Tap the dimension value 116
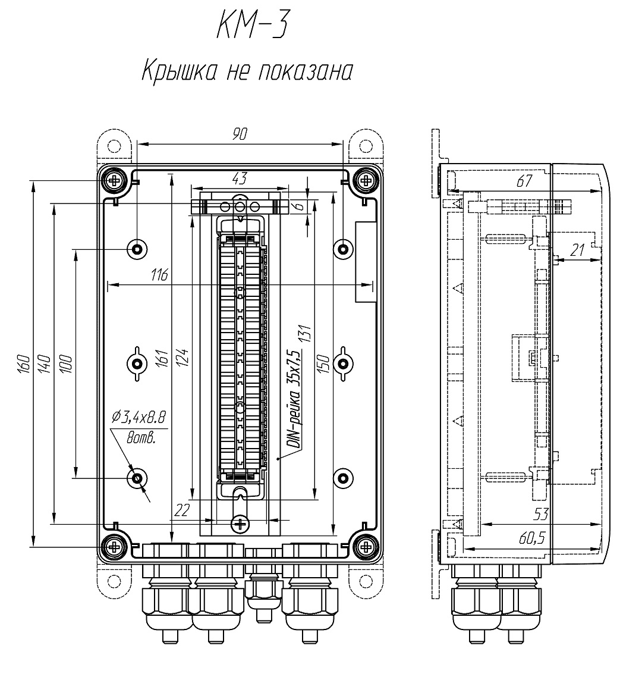[x=159, y=275]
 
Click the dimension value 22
[x=182, y=510]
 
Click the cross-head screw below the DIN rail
[x=240, y=524]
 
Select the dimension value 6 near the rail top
[x=298, y=206]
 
